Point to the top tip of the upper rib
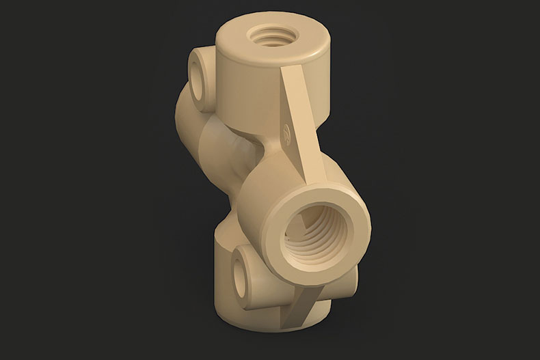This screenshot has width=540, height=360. pos(288,69)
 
